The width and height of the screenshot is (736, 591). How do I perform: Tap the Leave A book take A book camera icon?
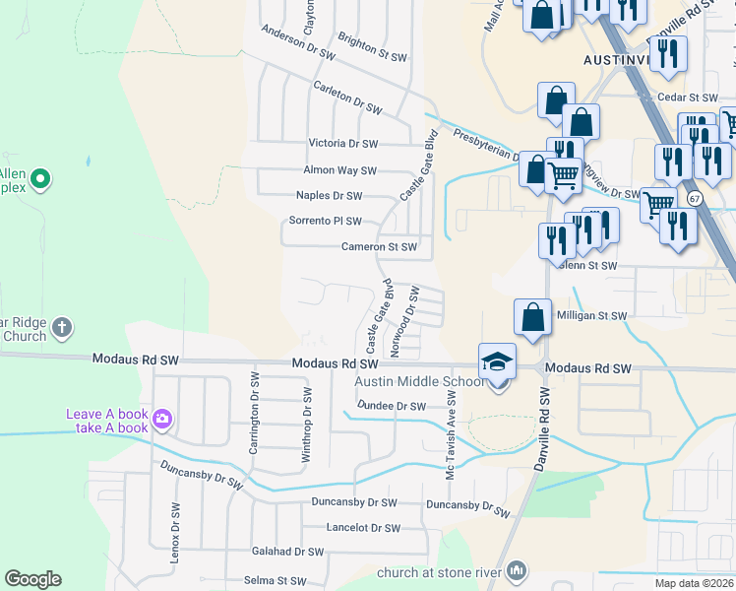[x=161, y=421]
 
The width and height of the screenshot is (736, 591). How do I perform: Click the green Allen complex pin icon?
[x=40, y=178]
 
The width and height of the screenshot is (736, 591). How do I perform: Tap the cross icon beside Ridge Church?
[x=61, y=328]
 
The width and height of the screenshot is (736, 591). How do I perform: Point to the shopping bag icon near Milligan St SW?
[x=532, y=317]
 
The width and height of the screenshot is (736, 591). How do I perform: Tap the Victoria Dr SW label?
[x=343, y=144]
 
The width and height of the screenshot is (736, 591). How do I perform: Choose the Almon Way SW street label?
[x=342, y=170]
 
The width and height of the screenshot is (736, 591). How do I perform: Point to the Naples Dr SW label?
[x=330, y=196]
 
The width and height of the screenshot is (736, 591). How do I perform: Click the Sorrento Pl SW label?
[x=326, y=221]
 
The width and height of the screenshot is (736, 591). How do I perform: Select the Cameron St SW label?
[x=379, y=247]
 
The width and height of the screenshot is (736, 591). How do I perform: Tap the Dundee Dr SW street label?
[x=391, y=406]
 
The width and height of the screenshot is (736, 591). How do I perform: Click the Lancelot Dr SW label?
[x=364, y=528]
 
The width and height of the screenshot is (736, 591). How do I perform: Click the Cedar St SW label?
[x=690, y=98]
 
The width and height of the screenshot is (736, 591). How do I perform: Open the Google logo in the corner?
[x=33, y=579]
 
